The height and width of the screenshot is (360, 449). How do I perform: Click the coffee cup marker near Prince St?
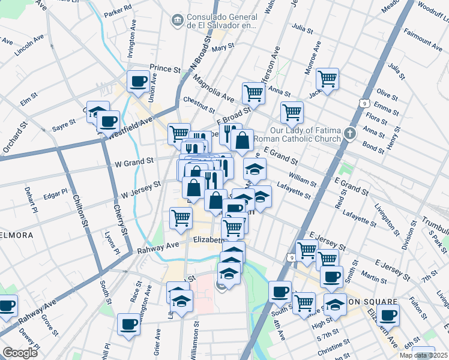(x=138, y=82)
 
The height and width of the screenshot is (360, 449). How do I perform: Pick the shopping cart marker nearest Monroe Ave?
(x=327, y=79)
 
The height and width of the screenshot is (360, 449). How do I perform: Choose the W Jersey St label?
(x=141, y=191)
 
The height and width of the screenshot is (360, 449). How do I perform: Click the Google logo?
(x=20, y=352)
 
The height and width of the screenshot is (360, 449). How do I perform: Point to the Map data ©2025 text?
(x=424, y=355)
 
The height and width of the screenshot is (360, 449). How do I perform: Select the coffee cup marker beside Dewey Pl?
(x=7, y=305)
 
